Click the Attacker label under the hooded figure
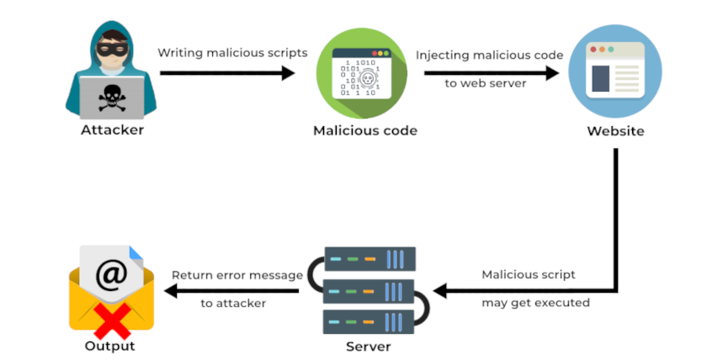(x=112, y=130)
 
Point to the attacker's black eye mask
(x=111, y=50)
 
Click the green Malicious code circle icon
(x=364, y=73)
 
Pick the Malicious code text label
(x=364, y=130)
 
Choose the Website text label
(x=615, y=131)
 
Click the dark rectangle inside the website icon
(x=600, y=79)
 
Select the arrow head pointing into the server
(x=440, y=292)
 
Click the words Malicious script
(x=529, y=274)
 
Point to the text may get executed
(x=535, y=302)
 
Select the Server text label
(x=368, y=347)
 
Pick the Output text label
(x=109, y=346)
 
